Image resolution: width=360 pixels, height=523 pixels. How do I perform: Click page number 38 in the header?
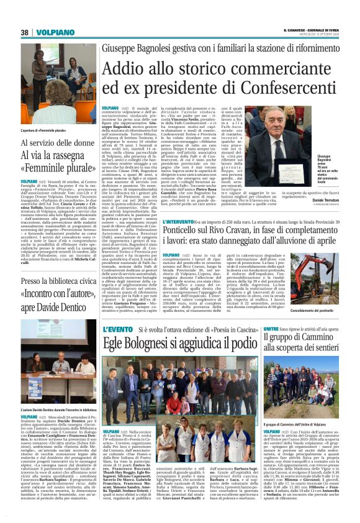pos(24,32)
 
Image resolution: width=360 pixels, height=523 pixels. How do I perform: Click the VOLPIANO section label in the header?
pos(55,32)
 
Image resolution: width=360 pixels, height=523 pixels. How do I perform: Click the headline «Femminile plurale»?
pos(50,166)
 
